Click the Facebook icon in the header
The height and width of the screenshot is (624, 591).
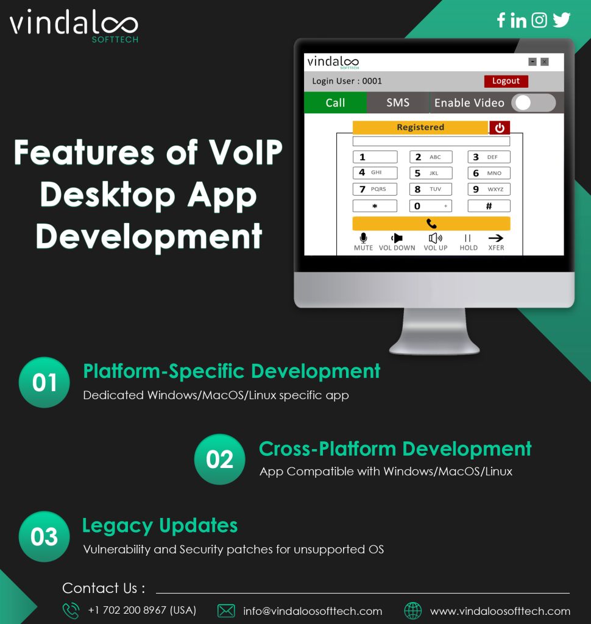pos(501,20)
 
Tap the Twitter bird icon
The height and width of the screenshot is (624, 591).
pos(562,20)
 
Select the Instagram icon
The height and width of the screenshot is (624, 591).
pos(539,20)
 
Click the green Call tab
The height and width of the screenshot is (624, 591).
pos(335,102)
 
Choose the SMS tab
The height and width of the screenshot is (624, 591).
pos(398,102)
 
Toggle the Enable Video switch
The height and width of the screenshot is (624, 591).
pos(533,103)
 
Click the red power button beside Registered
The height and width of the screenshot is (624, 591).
pos(500,128)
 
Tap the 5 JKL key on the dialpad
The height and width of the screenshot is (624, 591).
pos(431,173)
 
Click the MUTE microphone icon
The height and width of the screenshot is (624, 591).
pos(363,238)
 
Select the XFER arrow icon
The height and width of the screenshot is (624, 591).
pos(496,238)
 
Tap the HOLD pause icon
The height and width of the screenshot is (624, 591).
pos(468,238)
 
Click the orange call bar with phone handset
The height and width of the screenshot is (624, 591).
pos(431,224)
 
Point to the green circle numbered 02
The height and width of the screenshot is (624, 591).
pos(220,459)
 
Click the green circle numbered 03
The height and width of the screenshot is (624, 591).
pos(44,536)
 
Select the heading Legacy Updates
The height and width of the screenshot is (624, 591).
pos(160,526)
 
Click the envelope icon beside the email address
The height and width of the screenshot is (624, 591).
pos(226,611)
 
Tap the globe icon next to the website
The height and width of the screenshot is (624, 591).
pos(412,611)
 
